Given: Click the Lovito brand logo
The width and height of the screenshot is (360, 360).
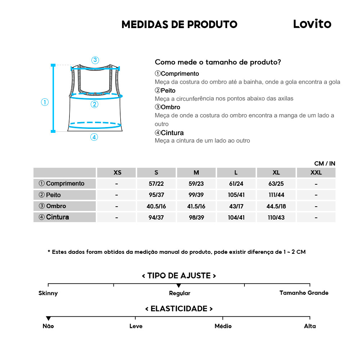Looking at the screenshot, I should (x=312, y=24).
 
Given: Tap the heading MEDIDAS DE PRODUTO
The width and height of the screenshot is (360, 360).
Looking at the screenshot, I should (x=179, y=24).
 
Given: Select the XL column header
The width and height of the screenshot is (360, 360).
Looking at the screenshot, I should (x=276, y=172).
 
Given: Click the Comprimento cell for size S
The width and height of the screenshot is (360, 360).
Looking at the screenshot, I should (x=156, y=184).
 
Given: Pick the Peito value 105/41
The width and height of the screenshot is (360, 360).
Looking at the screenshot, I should (x=236, y=195).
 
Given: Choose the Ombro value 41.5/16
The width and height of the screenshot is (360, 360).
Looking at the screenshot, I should (x=196, y=206).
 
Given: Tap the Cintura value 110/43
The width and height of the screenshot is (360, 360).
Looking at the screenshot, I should (x=276, y=217).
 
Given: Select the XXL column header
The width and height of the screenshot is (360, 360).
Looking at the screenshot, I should (x=316, y=172).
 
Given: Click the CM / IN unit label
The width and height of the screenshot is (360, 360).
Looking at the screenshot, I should (x=325, y=163).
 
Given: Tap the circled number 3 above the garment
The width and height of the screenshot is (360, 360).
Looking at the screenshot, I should (x=95, y=60).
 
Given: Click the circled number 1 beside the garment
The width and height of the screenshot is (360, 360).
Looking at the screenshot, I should (x=45, y=102).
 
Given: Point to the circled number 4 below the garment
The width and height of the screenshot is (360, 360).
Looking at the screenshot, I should (x=94, y=137).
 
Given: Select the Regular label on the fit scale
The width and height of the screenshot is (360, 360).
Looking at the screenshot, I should (x=180, y=293).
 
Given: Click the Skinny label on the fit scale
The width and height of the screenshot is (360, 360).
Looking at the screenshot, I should (x=48, y=293).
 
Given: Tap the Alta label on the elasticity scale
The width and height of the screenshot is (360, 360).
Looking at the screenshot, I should (x=310, y=326).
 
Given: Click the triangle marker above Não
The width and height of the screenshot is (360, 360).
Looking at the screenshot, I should (x=48, y=318).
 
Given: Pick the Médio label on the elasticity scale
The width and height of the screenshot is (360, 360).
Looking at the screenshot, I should (x=223, y=326).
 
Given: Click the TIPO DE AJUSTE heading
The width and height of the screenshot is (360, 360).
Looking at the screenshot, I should (x=179, y=276).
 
